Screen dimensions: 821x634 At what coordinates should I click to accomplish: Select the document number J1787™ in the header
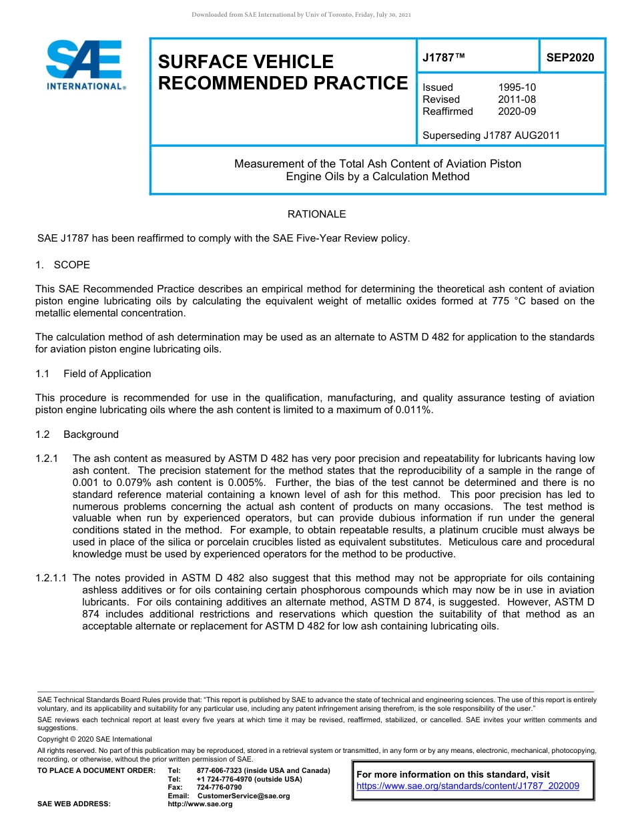[443, 57]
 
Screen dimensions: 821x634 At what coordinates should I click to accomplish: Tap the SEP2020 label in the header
[570, 57]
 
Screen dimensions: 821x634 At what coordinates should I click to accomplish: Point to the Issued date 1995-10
[517, 87]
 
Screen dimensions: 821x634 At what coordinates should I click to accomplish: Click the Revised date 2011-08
[517, 99]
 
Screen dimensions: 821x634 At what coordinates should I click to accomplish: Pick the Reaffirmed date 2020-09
[517, 111]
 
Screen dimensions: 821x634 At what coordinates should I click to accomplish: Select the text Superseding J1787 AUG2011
[491, 135]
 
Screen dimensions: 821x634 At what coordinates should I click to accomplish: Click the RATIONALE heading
[316, 214]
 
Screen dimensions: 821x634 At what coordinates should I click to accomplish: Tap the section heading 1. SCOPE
[63, 265]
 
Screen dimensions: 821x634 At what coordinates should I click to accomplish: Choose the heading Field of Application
[107, 374]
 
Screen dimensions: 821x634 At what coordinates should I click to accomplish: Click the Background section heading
[91, 435]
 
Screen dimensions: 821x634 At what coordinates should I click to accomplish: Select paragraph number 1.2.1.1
[53, 578]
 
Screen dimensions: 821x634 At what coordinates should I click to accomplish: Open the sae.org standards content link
[468, 786]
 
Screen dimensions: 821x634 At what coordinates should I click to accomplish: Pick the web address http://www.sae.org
[200, 804]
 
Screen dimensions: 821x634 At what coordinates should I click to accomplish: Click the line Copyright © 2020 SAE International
[95, 739]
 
